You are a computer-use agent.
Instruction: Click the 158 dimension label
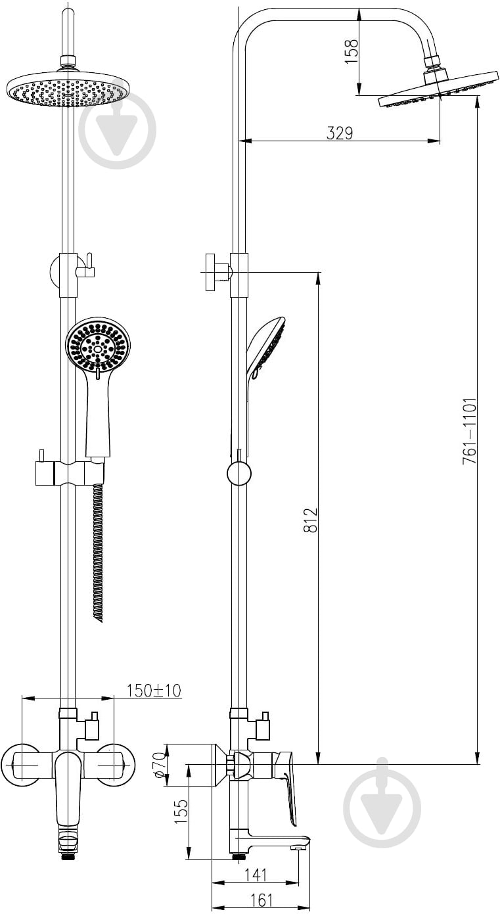click(x=352, y=50)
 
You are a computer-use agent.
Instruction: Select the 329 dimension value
click(x=340, y=133)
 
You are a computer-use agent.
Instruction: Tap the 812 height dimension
click(x=311, y=520)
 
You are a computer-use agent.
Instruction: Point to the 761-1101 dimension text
click(x=469, y=430)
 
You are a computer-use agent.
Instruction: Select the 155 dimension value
click(x=181, y=811)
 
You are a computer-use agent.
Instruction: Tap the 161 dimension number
click(x=261, y=900)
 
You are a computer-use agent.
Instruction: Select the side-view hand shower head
click(x=265, y=348)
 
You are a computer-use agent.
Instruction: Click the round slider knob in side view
click(x=239, y=474)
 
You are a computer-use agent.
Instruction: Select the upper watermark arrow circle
click(x=118, y=131)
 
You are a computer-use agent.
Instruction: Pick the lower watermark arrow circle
click(x=382, y=807)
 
